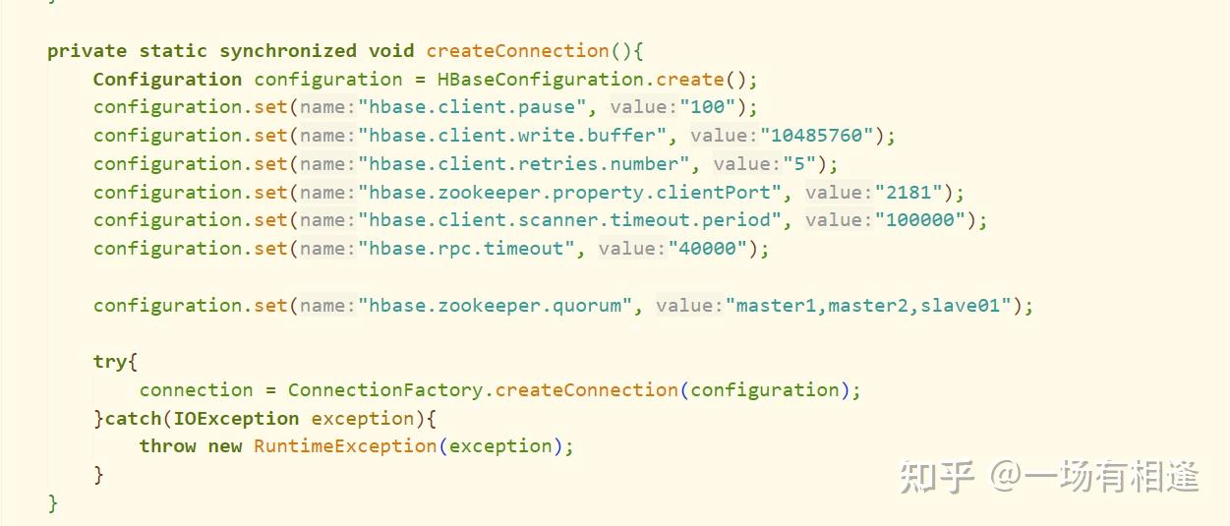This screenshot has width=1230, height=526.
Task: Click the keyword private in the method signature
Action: tap(87, 51)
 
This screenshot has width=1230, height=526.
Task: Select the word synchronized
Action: tap(287, 51)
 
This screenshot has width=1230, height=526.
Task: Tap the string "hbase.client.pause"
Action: tap(472, 107)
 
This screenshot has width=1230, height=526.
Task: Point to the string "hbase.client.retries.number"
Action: tap(524, 164)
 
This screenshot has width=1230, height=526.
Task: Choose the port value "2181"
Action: tap(910, 193)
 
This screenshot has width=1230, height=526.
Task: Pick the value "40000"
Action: tap(709, 249)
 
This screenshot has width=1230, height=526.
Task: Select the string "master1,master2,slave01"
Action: tap(869, 306)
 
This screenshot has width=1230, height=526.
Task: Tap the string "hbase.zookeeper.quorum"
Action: tap(496, 306)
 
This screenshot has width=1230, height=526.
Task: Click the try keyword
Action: tap(109, 362)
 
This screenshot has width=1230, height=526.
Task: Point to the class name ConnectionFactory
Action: tap(385, 390)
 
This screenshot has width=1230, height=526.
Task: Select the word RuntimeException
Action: tap(345, 446)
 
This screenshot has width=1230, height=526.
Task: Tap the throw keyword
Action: tap(167, 446)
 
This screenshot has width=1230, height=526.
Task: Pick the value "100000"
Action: tap(921, 220)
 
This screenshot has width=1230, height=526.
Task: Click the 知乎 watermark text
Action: tap(937, 478)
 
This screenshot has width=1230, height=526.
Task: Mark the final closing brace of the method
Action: tap(53, 503)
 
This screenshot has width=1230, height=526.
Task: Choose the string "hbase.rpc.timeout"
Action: tap(466, 249)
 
